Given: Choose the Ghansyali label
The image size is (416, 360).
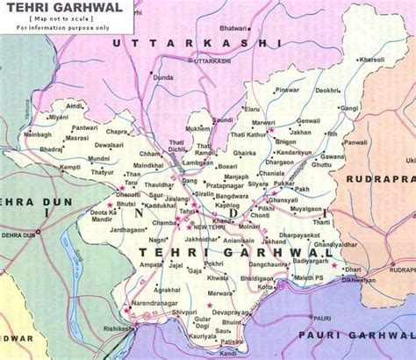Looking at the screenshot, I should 283,200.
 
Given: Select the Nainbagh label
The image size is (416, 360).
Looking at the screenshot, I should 37,135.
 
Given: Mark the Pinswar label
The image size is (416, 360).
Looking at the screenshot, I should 287,90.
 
